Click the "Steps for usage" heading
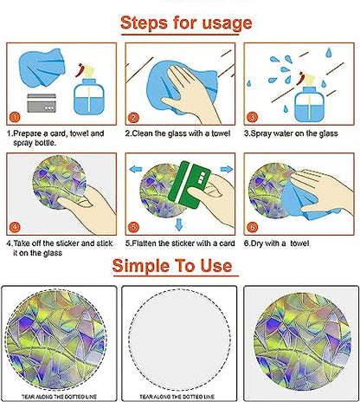tap(186, 23)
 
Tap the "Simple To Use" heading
tap(172, 265)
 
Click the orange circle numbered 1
tap(15, 117)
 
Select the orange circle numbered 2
tap(133, 118)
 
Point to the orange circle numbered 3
tap(252, 117)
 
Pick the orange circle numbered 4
tap(15, 227)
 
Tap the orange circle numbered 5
tap(133, 227)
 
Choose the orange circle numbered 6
tap(252, 227)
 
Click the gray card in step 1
tap(42, 103)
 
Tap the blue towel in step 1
tap(42, 68)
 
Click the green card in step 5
tap(190, 185)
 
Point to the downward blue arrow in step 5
tap(179, 224)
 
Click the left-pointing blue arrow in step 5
tap(136, 169)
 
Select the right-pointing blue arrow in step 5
tap(227, 169)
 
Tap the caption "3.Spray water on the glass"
tap(291, 133)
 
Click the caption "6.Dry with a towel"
tap(276, 243)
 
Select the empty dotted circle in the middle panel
tap(180, 340)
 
